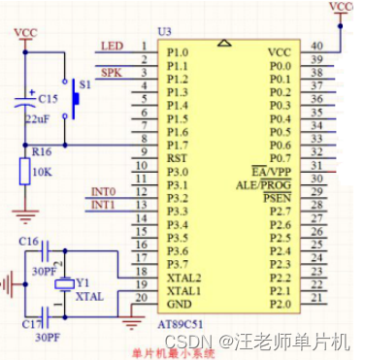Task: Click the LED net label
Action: (x=112, y=46)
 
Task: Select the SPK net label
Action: (x=112, y=73)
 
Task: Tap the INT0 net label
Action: (x=103, y=191)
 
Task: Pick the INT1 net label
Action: (x=103, y=206)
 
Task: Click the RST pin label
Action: (x=177, y=158)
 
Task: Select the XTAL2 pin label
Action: (x=183, y=278)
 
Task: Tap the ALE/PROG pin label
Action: (x=263, y=184)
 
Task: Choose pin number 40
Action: (x=316, y=46)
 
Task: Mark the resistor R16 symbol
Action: (x=24, y=172)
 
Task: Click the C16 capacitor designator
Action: (x=28, y=241)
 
